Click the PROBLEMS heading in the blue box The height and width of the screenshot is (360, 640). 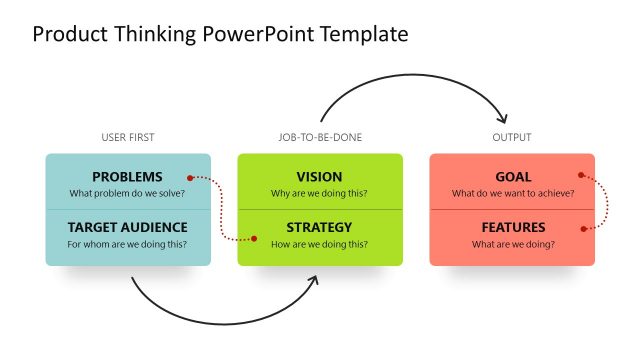tap(127, 177)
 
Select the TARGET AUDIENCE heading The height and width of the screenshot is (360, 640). tap(127, 227)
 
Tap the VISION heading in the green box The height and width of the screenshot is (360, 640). tap(320, 177)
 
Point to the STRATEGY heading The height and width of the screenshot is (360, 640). tap(320, 227)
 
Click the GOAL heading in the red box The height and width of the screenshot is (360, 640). tap(512, 177)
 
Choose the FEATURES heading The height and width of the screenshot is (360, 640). tap(512, 227)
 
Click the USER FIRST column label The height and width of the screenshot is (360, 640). tap(128, 137)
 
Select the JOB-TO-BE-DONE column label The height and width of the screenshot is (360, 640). tap(320, 137)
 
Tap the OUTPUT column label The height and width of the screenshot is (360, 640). tap(512, 137)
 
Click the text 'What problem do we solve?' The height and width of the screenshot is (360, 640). tap(127, 193)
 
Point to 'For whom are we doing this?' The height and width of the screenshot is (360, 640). tap(127, 243)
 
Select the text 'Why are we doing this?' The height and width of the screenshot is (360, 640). tap(320, 193)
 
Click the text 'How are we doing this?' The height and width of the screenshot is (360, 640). tap(320, 243)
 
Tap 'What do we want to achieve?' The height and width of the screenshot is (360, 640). tap(512, 193)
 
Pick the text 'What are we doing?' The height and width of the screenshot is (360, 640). tap(512, 243)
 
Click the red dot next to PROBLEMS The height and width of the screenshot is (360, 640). tap(190, 178)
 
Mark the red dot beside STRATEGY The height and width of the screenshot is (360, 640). tap(255, 239)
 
